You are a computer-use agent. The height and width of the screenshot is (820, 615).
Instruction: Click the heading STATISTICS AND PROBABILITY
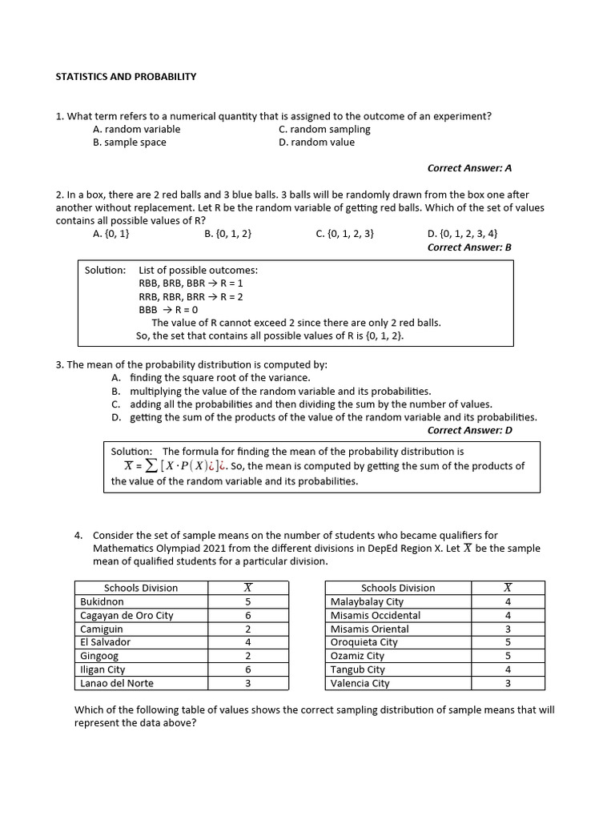[126, 76]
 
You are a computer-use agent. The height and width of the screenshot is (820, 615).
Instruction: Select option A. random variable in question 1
[137, 129]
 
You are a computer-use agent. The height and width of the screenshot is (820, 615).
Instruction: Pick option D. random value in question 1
[316, 143]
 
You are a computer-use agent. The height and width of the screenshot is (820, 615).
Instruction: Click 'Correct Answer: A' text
[469, 168]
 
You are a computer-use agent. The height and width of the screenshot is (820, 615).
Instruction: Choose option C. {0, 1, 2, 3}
[345, 234]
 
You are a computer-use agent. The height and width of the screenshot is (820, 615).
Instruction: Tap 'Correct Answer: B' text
[469, 247]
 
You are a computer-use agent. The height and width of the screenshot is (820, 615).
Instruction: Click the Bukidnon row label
[102, 601]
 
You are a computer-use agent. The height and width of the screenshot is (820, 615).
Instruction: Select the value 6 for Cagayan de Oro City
[248, 615]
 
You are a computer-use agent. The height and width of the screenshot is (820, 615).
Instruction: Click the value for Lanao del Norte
[248, 683]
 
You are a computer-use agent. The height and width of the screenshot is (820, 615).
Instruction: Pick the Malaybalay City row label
[367, 601]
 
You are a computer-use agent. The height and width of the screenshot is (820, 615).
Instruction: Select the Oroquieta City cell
[364, 642]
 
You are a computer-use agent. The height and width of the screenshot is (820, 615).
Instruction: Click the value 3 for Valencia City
[508, 683]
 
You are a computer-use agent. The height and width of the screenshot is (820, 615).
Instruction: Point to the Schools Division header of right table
[398, 588]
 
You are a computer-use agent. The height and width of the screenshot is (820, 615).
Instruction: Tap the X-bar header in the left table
[248, 588]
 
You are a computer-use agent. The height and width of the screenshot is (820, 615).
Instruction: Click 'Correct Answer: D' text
[469, 430]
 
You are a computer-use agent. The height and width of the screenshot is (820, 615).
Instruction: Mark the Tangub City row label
[358, 669]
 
